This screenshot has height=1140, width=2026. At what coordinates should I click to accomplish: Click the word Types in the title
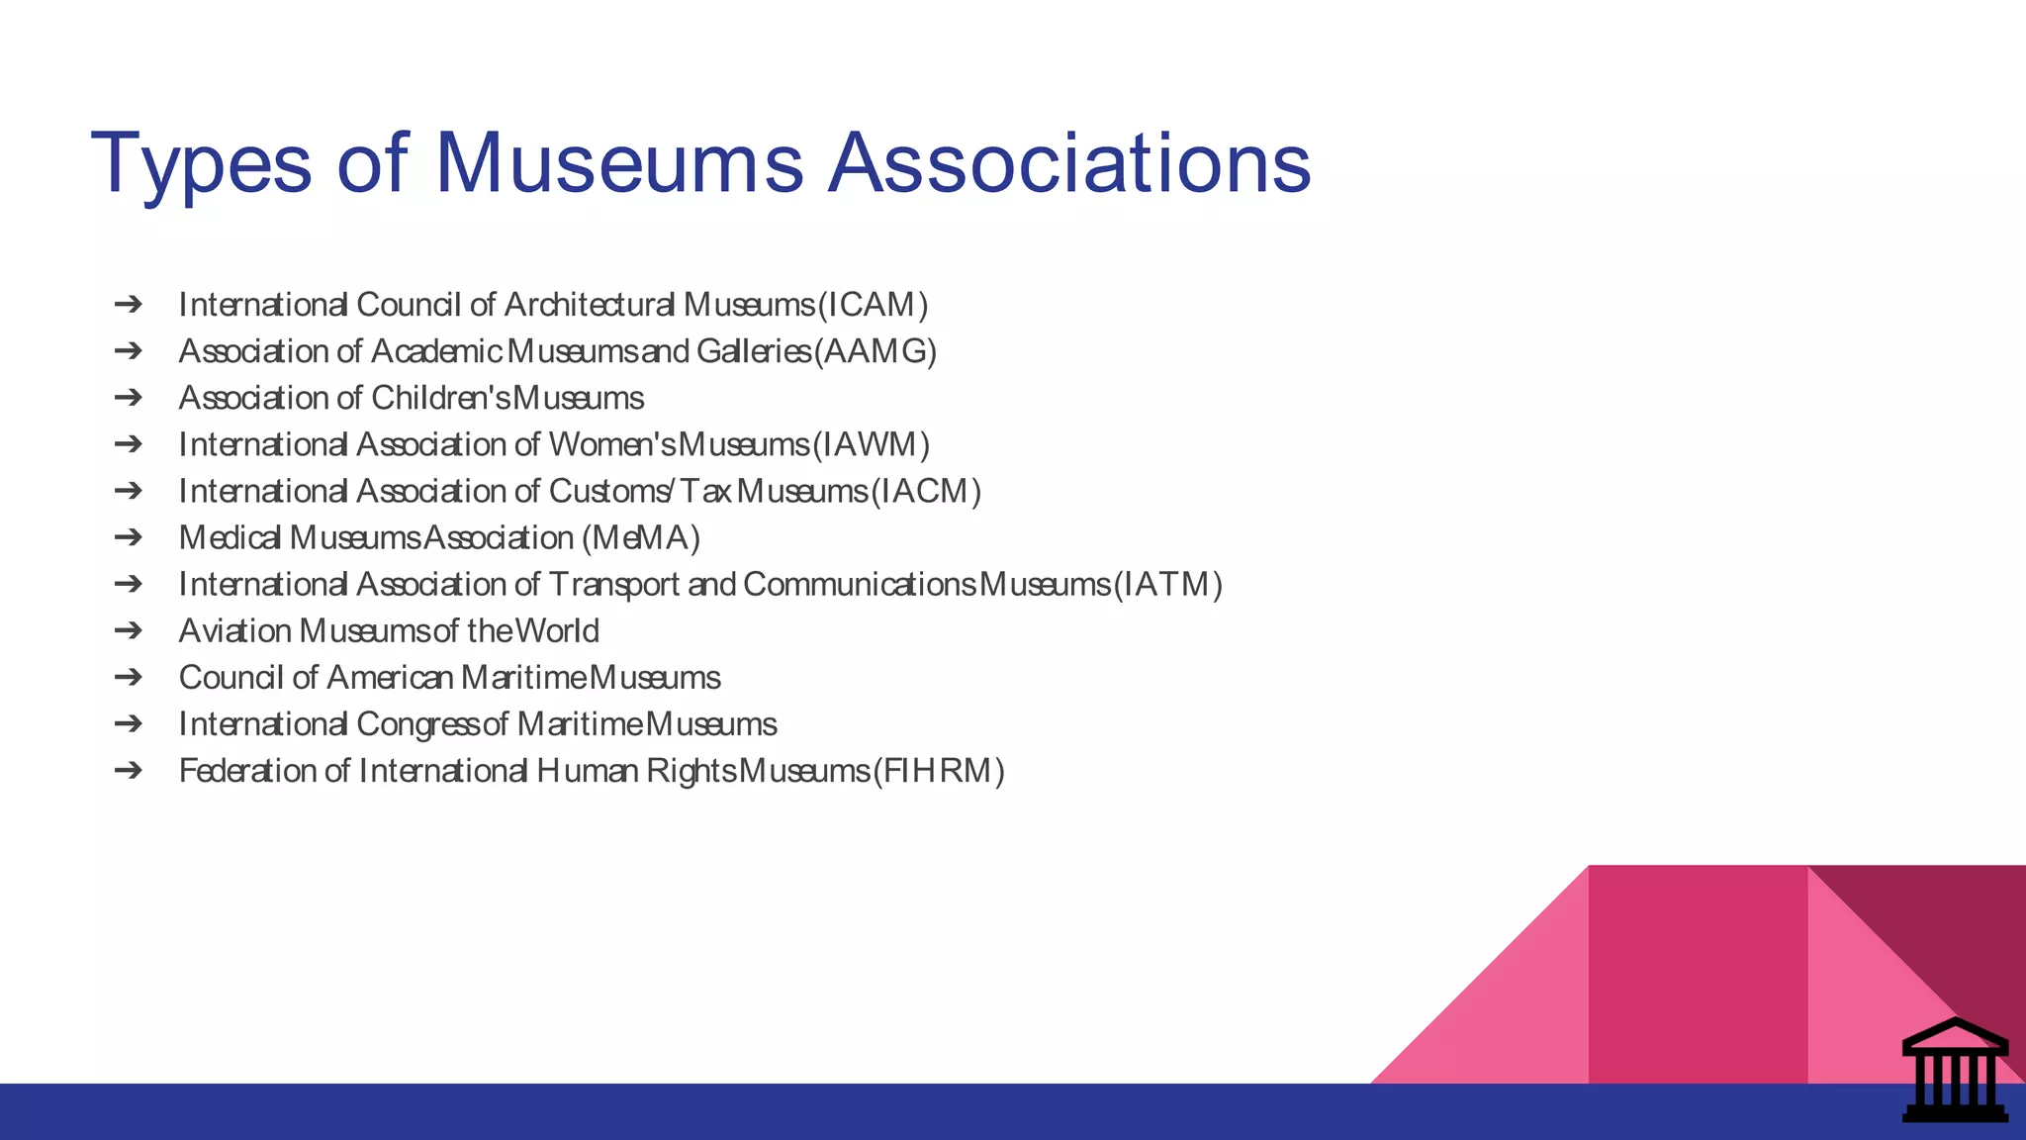click(x=201, y=164)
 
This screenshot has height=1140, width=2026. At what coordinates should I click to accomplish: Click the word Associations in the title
click(x=1068, y=162)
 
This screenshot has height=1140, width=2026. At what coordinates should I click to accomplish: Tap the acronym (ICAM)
click(x=873, y=305)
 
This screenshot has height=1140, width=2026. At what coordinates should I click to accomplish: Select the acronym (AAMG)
click(x=875, y=351)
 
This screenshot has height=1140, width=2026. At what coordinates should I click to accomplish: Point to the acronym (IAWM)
click(x=871, y=445)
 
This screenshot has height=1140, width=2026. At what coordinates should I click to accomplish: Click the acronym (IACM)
click(x=926, y=492)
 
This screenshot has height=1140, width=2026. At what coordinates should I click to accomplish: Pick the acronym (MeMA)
click(x=641, y=538)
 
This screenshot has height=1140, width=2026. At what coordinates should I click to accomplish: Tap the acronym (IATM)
click(x=1168, y=585)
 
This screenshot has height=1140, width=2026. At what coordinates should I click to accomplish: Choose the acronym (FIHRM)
click(x=939, y=771)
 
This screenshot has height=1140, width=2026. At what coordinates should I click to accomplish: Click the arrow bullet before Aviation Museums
click(x=129, y=631)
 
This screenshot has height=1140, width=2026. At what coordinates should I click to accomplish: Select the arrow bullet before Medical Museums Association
click(x=129, y=538)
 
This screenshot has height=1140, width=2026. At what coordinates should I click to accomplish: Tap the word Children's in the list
click(x=441, y=398)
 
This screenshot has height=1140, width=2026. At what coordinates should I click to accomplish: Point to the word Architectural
click(x=590, y=305)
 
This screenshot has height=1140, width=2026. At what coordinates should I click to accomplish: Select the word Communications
click(x=860, y=585)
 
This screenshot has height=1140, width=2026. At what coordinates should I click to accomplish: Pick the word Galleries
click(x=754, y=351)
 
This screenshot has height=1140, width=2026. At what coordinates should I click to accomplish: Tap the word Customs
click(x=610, y=492)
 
